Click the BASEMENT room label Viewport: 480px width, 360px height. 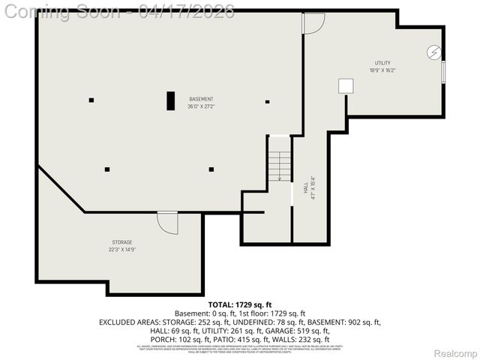coord(200,99)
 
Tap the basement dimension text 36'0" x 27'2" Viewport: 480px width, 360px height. coord(200,106)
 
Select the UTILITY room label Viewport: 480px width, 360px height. coord(382,63)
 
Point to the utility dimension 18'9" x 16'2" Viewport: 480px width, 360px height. coord(382,70)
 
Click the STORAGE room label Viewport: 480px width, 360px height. coord(122,242)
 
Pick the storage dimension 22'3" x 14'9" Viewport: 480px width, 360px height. coord(122,250)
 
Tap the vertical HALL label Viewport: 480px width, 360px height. coord(305,190)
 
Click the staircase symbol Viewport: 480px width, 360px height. coord(280,165)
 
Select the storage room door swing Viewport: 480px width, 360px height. coord(168,223)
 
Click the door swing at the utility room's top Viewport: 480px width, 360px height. coord(313,22)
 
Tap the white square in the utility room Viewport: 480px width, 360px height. coord(346,85)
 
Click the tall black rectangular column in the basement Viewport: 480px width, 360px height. coord(171,100)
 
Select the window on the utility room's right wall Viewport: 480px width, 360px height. coord(443,73)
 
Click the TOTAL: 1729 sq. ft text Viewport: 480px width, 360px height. coord(239,304)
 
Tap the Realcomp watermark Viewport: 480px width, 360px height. coord(455,353)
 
